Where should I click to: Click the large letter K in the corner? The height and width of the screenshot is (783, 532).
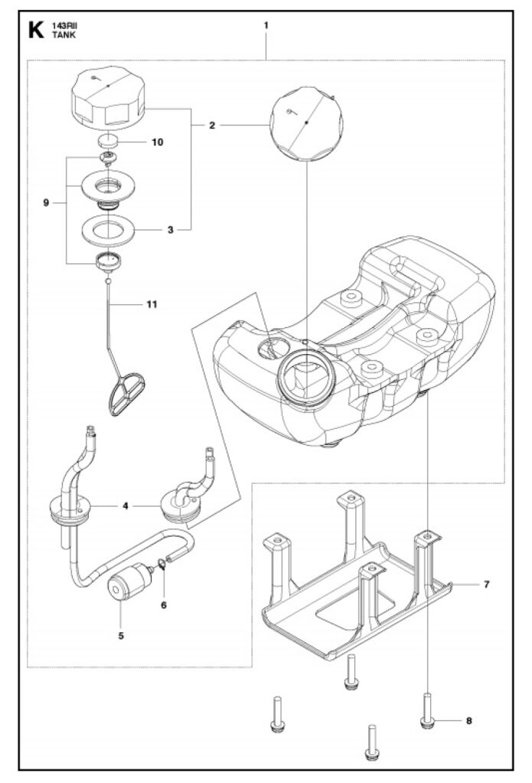[36, 30]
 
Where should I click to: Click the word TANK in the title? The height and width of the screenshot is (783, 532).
[64, 35]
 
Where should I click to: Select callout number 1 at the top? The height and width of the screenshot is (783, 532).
[266, 25]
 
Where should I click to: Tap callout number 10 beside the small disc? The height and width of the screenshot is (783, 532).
[158, 142]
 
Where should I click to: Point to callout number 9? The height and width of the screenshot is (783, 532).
[46, 203]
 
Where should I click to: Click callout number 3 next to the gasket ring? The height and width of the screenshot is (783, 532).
[171, 229]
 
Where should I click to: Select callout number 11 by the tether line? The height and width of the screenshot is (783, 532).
[152, 304]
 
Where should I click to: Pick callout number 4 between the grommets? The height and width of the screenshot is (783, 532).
[126, 506]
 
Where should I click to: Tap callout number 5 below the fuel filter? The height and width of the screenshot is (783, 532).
[121, 635]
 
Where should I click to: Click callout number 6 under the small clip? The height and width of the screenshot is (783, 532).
[164, 606]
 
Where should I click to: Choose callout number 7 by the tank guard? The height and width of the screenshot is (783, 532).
[487, 583]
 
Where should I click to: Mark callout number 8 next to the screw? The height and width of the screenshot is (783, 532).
[468, 720]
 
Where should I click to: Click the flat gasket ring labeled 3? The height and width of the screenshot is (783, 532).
[109, 230]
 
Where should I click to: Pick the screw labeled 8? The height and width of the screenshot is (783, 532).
[427, 710]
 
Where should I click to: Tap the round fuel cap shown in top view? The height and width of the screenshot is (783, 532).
[306, 123]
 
